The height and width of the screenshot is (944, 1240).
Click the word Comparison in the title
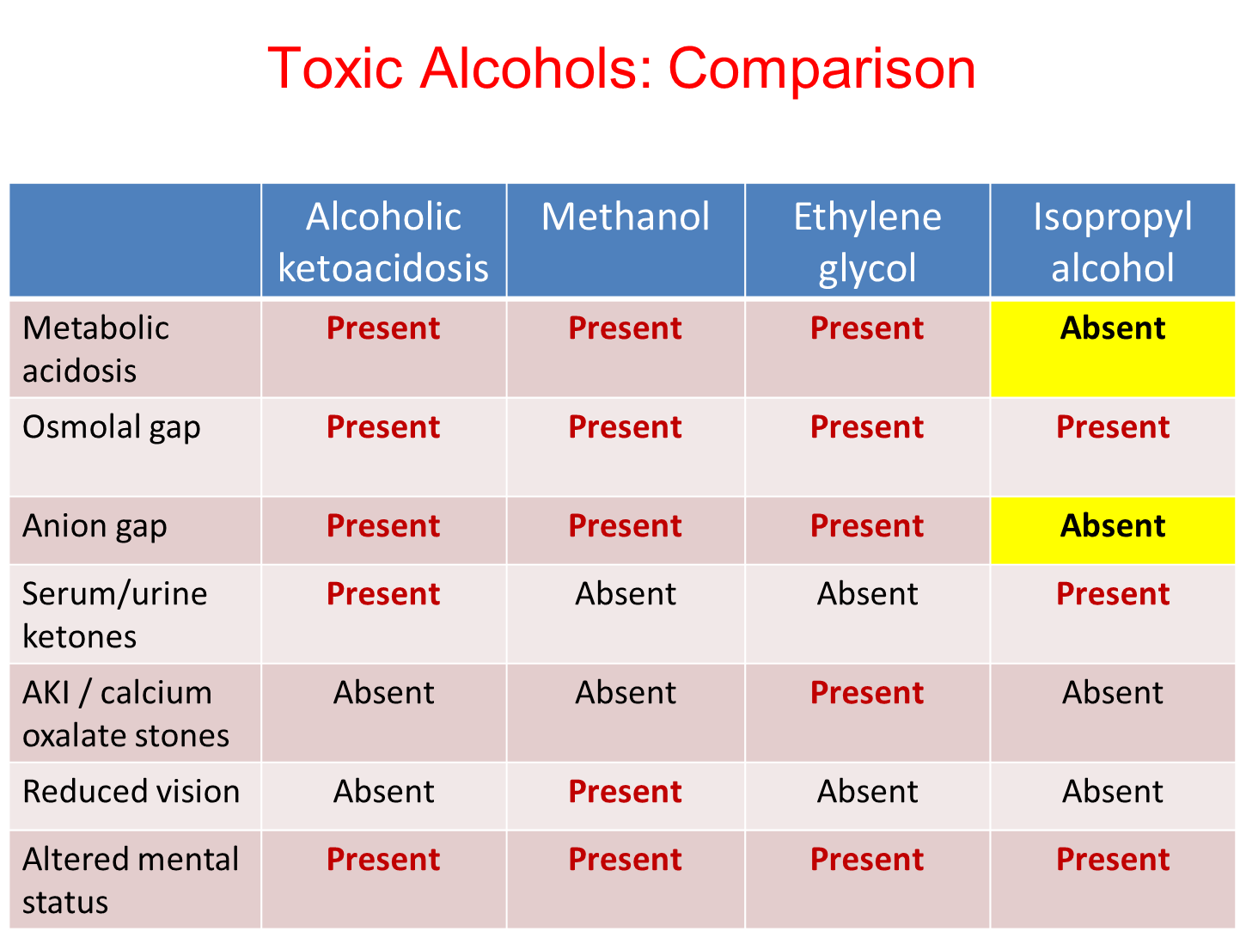822,69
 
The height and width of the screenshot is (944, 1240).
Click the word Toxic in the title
334,68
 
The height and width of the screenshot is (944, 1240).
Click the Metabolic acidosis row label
95,349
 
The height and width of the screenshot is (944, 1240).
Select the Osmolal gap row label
112,427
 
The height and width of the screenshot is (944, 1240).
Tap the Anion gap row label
95,526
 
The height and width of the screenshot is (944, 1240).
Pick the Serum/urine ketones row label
114,615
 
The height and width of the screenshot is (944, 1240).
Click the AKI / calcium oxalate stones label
125,714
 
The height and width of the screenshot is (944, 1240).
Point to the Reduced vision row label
131,791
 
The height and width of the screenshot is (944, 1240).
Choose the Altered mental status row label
131,880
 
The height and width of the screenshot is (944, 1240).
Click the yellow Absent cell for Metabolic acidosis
1112,348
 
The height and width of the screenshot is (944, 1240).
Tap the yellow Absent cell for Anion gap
1112,530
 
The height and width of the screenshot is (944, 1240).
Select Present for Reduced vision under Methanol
626,791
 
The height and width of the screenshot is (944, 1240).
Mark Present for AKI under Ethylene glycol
867,692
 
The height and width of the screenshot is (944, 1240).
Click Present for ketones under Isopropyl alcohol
1112,593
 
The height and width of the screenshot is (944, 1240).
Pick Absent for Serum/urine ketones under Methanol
626,593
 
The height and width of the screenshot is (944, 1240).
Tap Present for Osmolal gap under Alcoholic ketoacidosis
383,426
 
